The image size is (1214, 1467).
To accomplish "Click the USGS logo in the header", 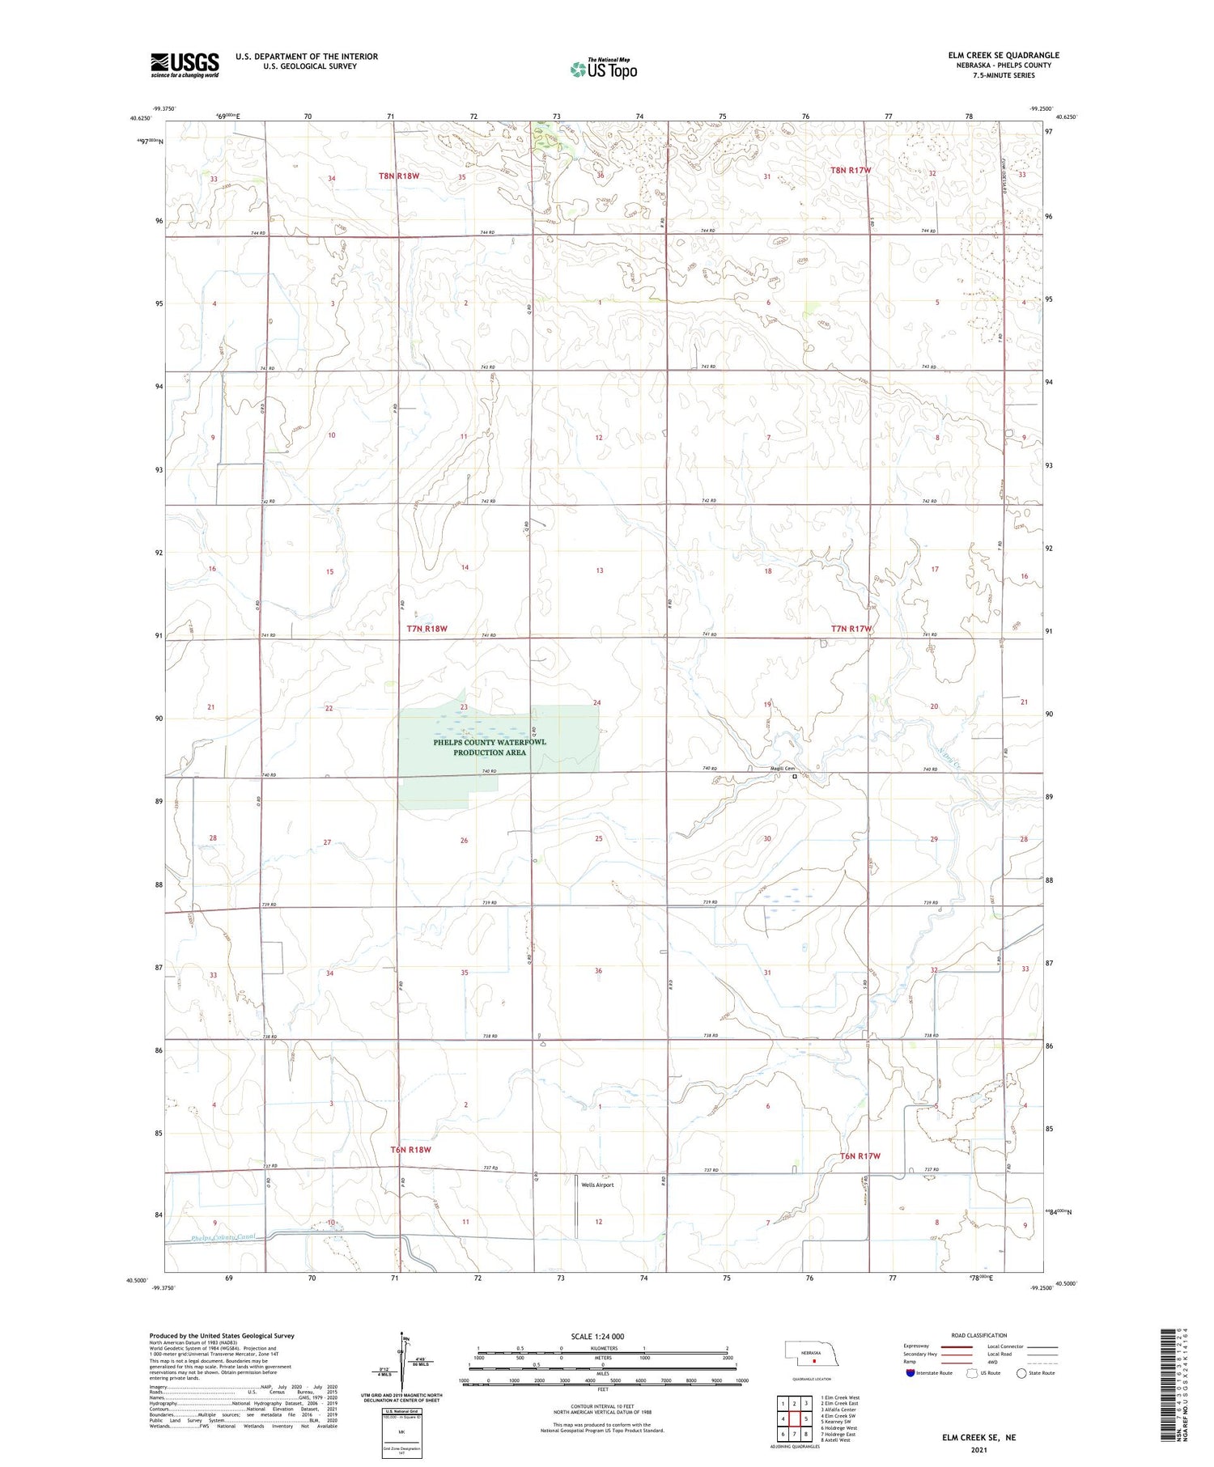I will click(x=185, y=65).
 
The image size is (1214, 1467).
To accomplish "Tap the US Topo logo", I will click(x=604, y=70).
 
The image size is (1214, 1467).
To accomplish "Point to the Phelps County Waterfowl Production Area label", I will click(x=490, y=747).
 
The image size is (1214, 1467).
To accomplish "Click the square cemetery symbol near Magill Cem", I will click(x=795, y=776).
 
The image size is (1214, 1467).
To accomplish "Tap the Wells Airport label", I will click(x=597, y=1185).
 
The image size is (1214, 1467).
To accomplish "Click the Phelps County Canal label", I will click(x=223, y=1238).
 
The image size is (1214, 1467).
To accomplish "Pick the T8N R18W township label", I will click(x=410, y=176).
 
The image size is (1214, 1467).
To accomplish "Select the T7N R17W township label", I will click(x=851, y=629).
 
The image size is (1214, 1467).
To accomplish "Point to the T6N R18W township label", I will click(x=410, y=1149).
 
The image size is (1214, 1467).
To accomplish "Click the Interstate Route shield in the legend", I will click(x=910, y=1373).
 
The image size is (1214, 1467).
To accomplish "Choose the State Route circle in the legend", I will click(x=1021, y=1373).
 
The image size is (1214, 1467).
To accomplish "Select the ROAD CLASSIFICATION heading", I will click(x=978, y=1335).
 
